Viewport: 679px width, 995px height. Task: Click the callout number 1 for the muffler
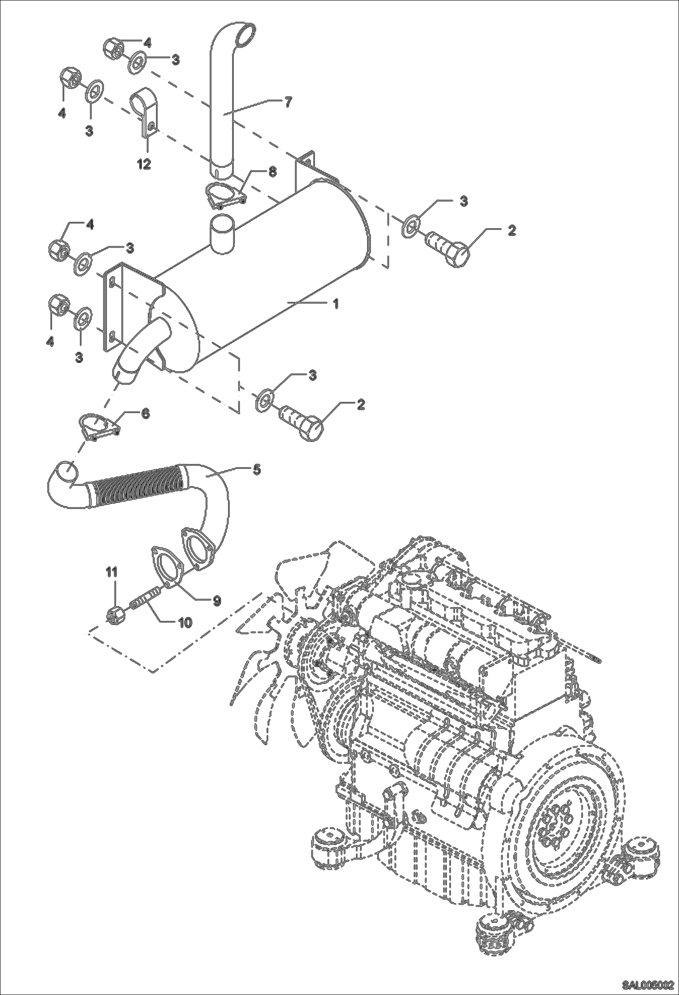point(336,303)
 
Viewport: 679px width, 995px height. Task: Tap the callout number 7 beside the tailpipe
point(288,102)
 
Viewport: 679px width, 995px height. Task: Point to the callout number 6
point(145,414)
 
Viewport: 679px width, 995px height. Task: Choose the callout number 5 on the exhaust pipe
point(257,469)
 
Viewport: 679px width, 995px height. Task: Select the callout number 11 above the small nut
point(112,572)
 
